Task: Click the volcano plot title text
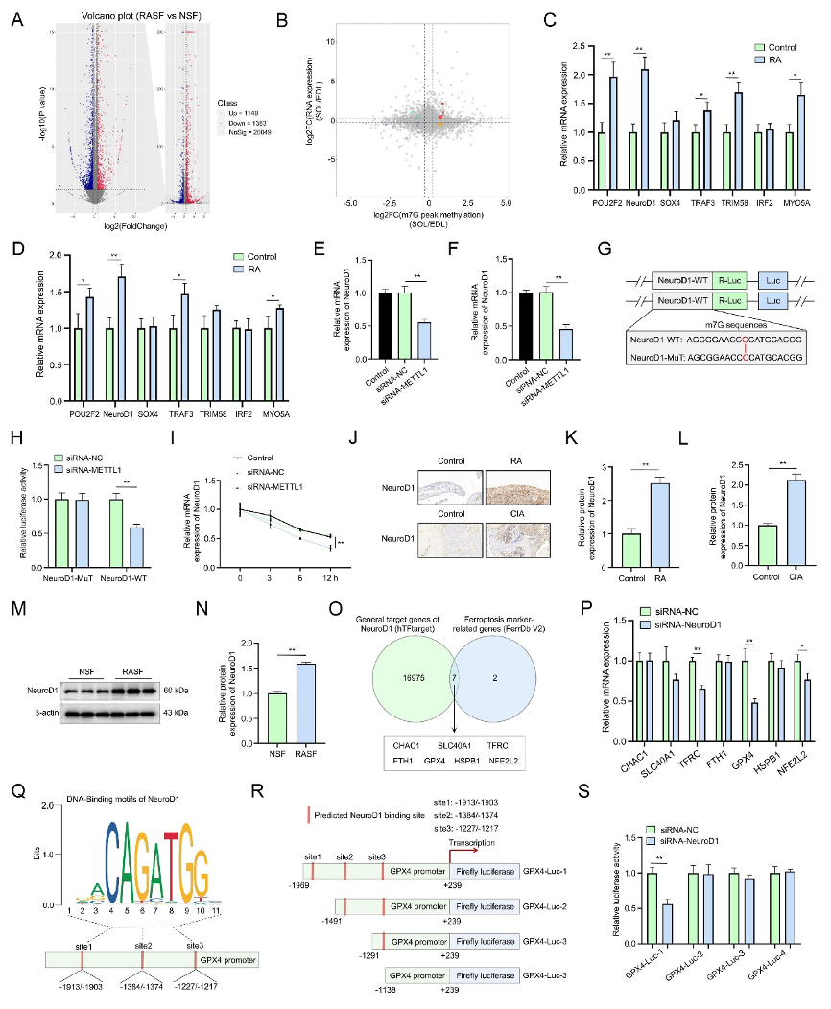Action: (123, 20)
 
